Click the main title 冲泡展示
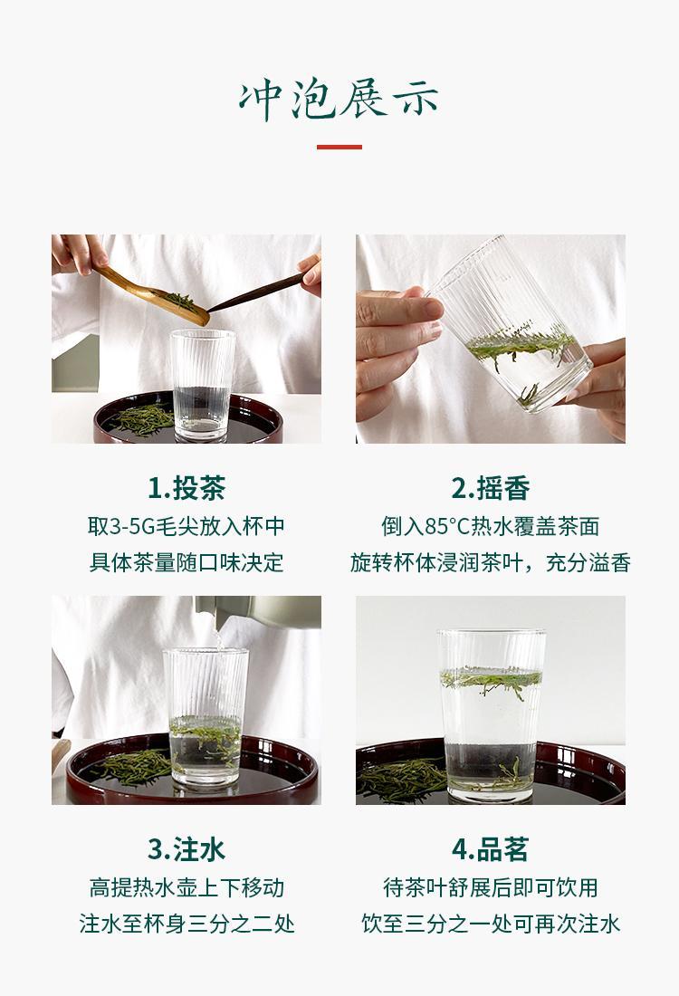click(339, 100)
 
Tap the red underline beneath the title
click(339, 147)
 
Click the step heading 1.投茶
click(186, 488)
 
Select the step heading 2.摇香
click(491, 488)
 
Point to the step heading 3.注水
click(186, 849)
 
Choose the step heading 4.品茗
click(491, 849)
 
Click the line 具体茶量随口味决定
click(186, 563)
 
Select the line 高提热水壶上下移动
click(186, 887)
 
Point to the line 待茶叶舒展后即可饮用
click(491, 887)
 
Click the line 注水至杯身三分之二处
click(186, 924)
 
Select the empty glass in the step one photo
click(202, 385)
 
